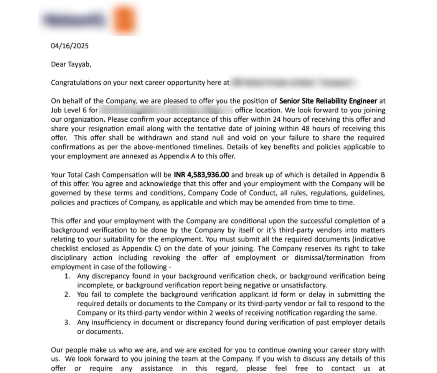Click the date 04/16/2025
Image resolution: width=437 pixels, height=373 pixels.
pos(70,46)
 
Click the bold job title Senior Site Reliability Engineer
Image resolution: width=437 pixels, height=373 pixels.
pos(328,101)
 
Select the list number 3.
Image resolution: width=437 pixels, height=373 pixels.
pos(67,322)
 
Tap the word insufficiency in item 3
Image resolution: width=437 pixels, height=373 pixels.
pos(112,322)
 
